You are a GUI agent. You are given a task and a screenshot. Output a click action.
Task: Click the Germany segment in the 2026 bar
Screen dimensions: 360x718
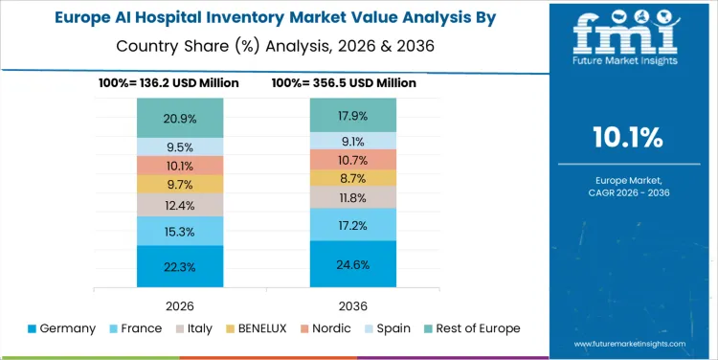click(x=180, y=266)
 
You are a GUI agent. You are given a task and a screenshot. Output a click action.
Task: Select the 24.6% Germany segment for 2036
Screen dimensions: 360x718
click(x=352, y=263)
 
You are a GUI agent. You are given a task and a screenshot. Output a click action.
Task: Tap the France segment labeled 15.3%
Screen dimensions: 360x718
click(x=180, y=231)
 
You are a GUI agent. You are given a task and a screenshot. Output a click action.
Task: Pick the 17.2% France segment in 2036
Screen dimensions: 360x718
click(x=352, y=224)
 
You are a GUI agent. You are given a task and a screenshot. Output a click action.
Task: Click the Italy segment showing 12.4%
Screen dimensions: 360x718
click(x=180, y=205)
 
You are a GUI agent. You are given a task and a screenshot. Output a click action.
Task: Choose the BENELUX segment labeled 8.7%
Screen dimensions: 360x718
click(x=352, y=178)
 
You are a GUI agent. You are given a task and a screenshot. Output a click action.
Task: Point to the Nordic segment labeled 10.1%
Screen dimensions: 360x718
click(x=180, y=166)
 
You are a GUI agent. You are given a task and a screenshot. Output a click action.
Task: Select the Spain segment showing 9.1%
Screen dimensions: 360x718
click(x=352, y=140)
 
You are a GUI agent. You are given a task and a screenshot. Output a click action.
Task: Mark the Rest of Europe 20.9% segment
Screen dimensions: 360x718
click(x=180, y=118)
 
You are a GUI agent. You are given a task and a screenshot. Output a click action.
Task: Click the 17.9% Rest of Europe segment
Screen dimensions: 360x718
click(x=352, y=115)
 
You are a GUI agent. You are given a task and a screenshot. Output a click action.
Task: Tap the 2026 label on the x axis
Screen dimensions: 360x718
click(x=180, y=304)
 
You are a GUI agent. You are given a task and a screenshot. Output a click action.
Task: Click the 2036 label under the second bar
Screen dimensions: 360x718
click(x=352, y=304)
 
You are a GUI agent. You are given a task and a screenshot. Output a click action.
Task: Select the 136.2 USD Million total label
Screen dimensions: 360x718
click(x=180, y=83)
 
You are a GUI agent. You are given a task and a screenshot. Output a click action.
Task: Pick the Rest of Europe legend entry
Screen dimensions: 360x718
click(x=470, y=328)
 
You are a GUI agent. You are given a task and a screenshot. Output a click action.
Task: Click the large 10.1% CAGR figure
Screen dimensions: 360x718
click(x=629, y=138)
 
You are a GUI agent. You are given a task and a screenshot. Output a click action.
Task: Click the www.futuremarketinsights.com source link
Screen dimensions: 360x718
click(x=629, y=342)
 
